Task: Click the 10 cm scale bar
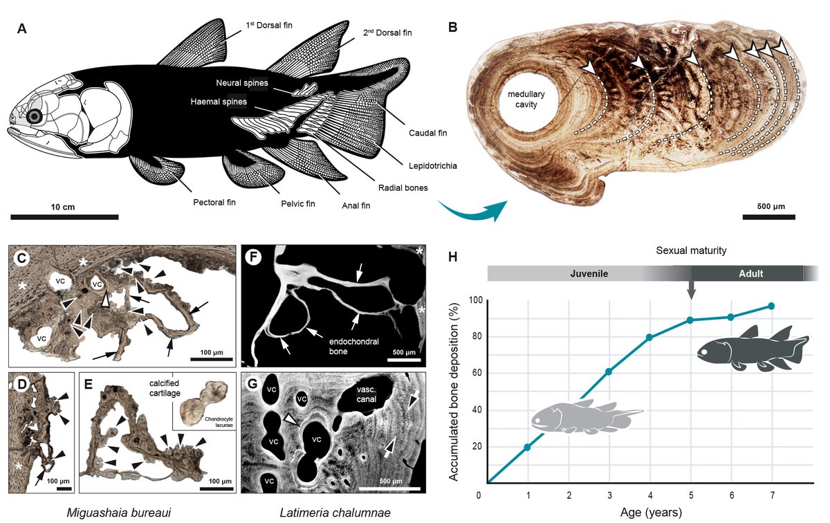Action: pos(64,217)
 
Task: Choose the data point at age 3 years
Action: pos(609,371)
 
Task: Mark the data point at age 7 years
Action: pos(771,306)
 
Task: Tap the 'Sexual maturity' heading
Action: pos(690,250)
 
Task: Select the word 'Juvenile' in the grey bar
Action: pos(588,273)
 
